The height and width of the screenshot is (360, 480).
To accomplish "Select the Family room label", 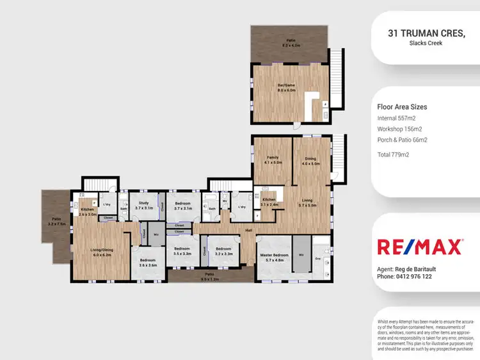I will tap(272, 160).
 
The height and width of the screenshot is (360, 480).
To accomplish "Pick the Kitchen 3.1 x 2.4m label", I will tap(269, 202).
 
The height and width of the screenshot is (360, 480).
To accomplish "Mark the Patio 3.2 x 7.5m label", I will tap(56, 222).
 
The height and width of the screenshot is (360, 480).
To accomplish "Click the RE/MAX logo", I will tap(420, 247).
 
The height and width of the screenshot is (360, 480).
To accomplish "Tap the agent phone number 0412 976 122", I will tap(404, 277).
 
